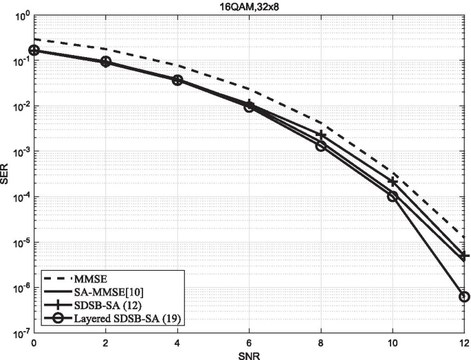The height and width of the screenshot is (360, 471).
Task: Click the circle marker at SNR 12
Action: pyautogui.click(x=464, y=297)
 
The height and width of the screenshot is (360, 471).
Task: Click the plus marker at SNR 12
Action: pyautogui.click(x=464, y=256)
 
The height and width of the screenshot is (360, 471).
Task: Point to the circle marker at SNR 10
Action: pyautogui.click(x=393, y=196)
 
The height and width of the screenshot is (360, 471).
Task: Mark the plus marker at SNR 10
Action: pyautogui.click(x=393, y=181)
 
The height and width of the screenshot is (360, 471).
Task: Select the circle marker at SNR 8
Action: pyautogui.click(x=320, y=146)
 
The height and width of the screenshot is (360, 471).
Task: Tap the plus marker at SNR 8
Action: pyautogui.click(x=320, y=135)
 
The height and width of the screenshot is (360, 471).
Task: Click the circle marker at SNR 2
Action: pyautogui.click(x=105, y=61)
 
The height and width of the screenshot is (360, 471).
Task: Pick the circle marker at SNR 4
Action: pyautogui.click(x=177, y=80)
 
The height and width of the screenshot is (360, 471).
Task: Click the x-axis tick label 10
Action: pyautogui.click(x=393, y=341)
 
